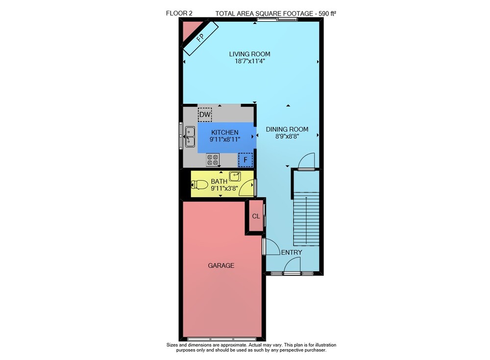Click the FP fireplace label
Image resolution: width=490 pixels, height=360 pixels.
point(200,38)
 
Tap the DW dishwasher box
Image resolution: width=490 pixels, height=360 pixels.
point(205,115)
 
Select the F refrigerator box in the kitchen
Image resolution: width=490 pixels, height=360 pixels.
point(245,160)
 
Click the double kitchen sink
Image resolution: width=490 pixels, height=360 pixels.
point(190,137)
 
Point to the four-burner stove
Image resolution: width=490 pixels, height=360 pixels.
point(213,160)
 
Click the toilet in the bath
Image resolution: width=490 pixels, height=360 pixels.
point(199,185)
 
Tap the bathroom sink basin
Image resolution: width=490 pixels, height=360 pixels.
point(235,176)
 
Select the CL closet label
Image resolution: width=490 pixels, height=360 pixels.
point(256,216)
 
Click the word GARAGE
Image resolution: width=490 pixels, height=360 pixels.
point(221,265)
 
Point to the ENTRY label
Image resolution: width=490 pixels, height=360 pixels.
point(292,253)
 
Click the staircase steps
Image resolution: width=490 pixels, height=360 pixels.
point(306,219)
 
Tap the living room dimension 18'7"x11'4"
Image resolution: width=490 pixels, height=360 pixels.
point(250,61)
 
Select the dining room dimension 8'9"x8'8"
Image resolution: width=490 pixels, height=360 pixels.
point(287,136)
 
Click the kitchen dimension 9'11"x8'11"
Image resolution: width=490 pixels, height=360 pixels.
point(225,140)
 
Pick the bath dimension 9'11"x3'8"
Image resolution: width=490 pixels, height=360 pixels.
point(224,189)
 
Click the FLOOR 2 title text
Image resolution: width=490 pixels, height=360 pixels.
point(179,13)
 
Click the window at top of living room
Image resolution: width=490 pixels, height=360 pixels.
point(277,20)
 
